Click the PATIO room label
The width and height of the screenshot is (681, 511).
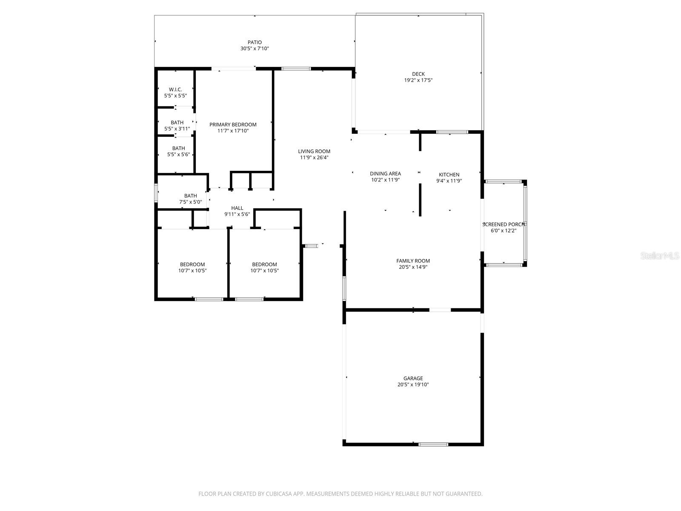point(255,42)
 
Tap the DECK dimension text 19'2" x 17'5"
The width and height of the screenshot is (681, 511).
point(418,80)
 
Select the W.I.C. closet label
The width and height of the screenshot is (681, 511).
point(175,89)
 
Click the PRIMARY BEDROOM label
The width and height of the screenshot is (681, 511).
point(233,124)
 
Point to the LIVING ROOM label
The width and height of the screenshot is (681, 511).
point(314,151)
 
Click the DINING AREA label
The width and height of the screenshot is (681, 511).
point(385,173)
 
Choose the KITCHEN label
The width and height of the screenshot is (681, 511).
point(449,174)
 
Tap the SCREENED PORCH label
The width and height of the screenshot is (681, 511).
point(503,224)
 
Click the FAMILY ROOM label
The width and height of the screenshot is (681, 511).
point(413,261)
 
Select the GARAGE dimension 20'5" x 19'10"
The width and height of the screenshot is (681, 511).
point(413,385)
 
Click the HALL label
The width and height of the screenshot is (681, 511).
point(237,208)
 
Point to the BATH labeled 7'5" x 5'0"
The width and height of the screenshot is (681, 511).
point(190,196)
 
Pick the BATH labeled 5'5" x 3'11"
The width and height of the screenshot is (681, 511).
point(177,122)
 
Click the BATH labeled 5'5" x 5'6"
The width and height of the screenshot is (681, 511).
point(178,148)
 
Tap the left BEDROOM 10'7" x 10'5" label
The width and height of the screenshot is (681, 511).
point(192,264)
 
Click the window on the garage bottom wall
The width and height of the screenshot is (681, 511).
point(433,444)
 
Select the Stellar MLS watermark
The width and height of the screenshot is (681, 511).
point(660,255)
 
